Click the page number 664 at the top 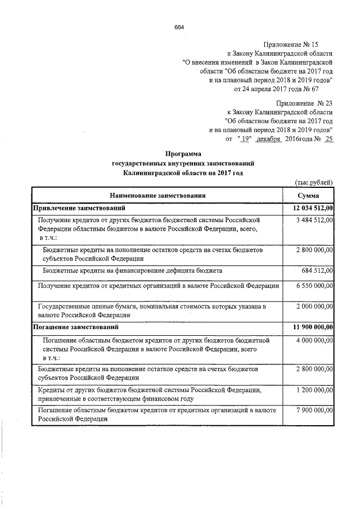click(179, 27)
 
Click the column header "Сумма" click(309, 196)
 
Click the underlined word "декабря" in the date click(268, 138)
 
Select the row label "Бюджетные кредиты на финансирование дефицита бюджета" click(133, 271)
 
